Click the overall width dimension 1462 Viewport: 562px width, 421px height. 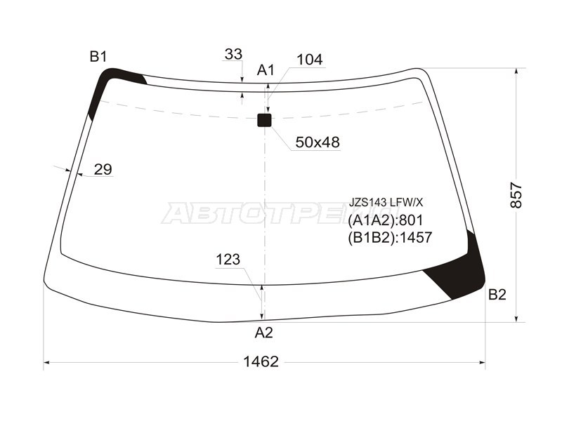[261, 362]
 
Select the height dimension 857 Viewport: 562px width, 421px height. [517, 195]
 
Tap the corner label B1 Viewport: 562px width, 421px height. [98, 56]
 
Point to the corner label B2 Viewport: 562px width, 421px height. [497, 295]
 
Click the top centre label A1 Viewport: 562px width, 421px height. [266, 70]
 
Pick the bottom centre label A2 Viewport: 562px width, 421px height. [264, 333]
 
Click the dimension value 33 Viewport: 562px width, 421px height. [234, 55]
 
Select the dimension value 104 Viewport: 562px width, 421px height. [310, 60]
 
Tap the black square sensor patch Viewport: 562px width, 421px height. [265, 120]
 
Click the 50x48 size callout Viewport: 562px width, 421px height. [318, 142]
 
